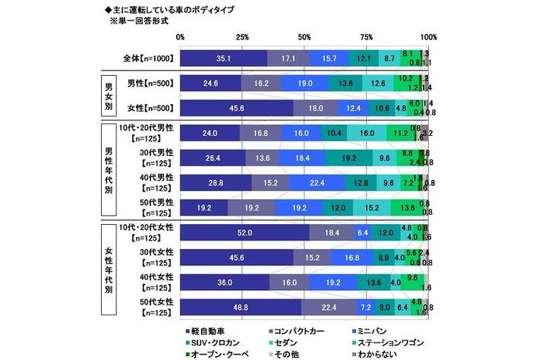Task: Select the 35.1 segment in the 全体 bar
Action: tap(224, 58)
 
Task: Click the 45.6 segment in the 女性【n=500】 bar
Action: tap(237, 107)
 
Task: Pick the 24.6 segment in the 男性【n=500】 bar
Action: tap(211, 83)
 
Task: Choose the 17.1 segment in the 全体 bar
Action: tap(288, 58)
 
